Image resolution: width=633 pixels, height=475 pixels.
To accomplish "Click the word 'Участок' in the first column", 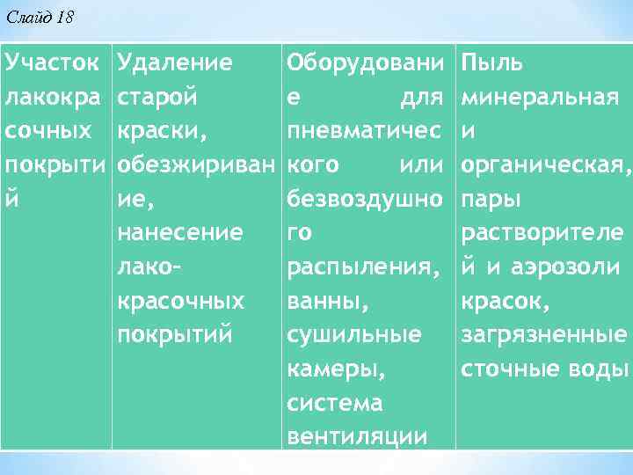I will (51, 62).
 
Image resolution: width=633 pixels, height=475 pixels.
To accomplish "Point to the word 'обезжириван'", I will (196, 164).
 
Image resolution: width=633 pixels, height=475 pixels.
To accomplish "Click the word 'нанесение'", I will (179, 233).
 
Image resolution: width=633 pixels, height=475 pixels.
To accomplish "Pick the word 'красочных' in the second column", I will (180, 301).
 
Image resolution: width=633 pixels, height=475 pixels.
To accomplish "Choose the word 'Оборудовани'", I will (367, 62).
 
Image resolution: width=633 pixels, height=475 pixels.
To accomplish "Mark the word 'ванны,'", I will (325, 301).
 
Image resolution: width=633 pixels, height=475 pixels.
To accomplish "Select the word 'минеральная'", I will (541, 97).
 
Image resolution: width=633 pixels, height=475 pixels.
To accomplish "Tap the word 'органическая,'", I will (545, 164).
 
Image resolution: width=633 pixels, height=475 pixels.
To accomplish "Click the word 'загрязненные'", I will (543, 335).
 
